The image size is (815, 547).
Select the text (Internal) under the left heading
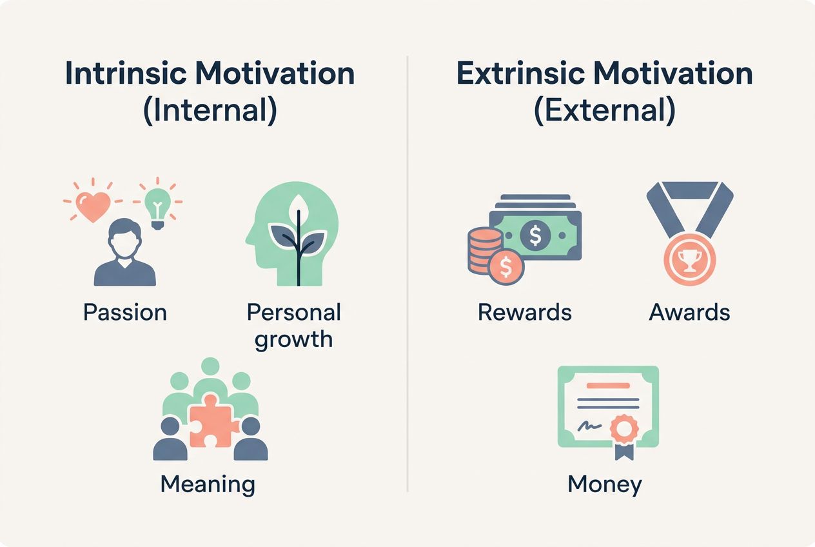coord(210,110)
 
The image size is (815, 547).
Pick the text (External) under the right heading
coord(605,110)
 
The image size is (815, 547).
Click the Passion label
coord(125,312)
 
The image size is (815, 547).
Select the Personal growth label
coord(293,325)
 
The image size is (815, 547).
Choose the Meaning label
coord(208,484)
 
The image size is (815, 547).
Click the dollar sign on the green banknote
coord(535,236)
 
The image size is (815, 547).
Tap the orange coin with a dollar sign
coord(506,265)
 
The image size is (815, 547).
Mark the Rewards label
coord(524,312)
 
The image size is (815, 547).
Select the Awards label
coord(689,312)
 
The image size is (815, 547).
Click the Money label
coord(604,484)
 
